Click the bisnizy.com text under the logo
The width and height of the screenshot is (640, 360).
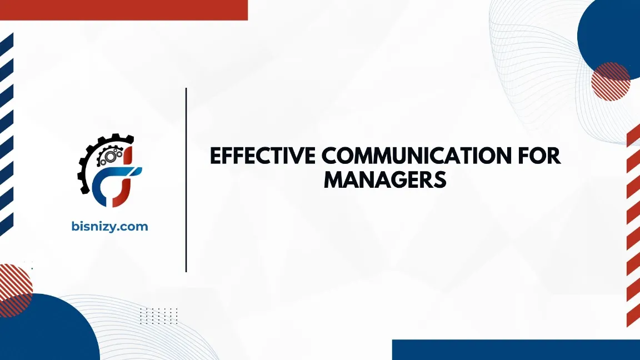[110, 226]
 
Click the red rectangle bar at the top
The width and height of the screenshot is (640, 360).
[123, 9]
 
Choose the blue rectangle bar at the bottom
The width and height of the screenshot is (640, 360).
[516, 349]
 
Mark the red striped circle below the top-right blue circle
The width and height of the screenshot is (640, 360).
[610, 81]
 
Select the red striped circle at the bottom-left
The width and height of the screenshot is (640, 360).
[13, 283]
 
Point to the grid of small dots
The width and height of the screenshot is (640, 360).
[158, 316]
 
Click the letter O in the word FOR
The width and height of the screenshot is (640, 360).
[536, 157]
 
